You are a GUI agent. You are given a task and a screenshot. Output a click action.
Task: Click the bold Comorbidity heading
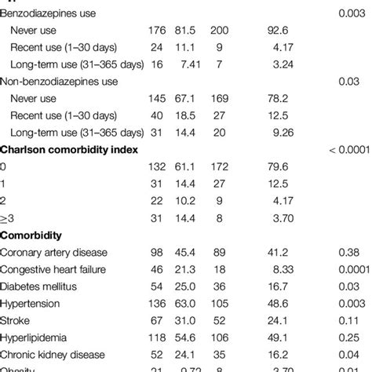coord(34,235)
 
